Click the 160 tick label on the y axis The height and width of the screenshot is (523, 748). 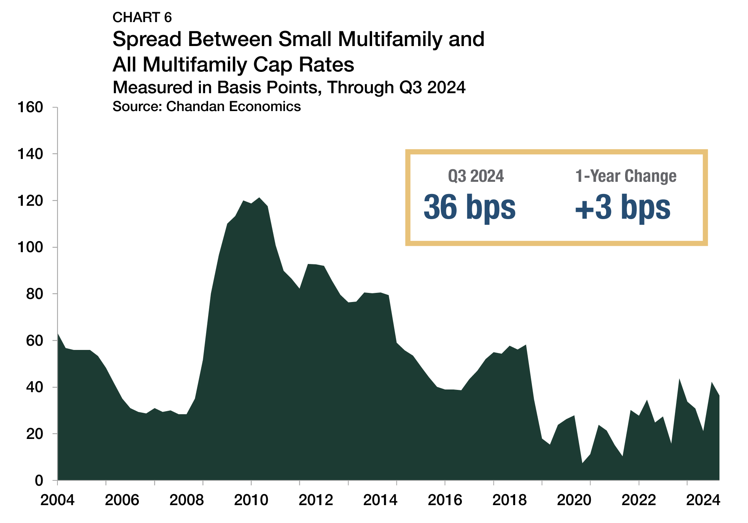coord(30,107)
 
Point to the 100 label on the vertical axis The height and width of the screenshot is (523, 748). coord(30,247)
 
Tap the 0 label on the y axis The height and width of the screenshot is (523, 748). coord(39,480)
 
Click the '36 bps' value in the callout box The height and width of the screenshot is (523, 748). coord(469,207)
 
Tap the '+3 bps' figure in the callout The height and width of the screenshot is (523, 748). coord(623,207)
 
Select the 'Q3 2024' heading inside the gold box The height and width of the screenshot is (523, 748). coord(476,176)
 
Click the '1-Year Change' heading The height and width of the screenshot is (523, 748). coord(626,176)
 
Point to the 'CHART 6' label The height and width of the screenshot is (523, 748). coord(142,17)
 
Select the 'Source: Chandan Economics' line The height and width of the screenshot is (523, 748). coord(207,107)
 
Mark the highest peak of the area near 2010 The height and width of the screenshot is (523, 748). coord(259,198)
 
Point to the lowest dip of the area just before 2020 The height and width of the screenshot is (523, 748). coord(582,463)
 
